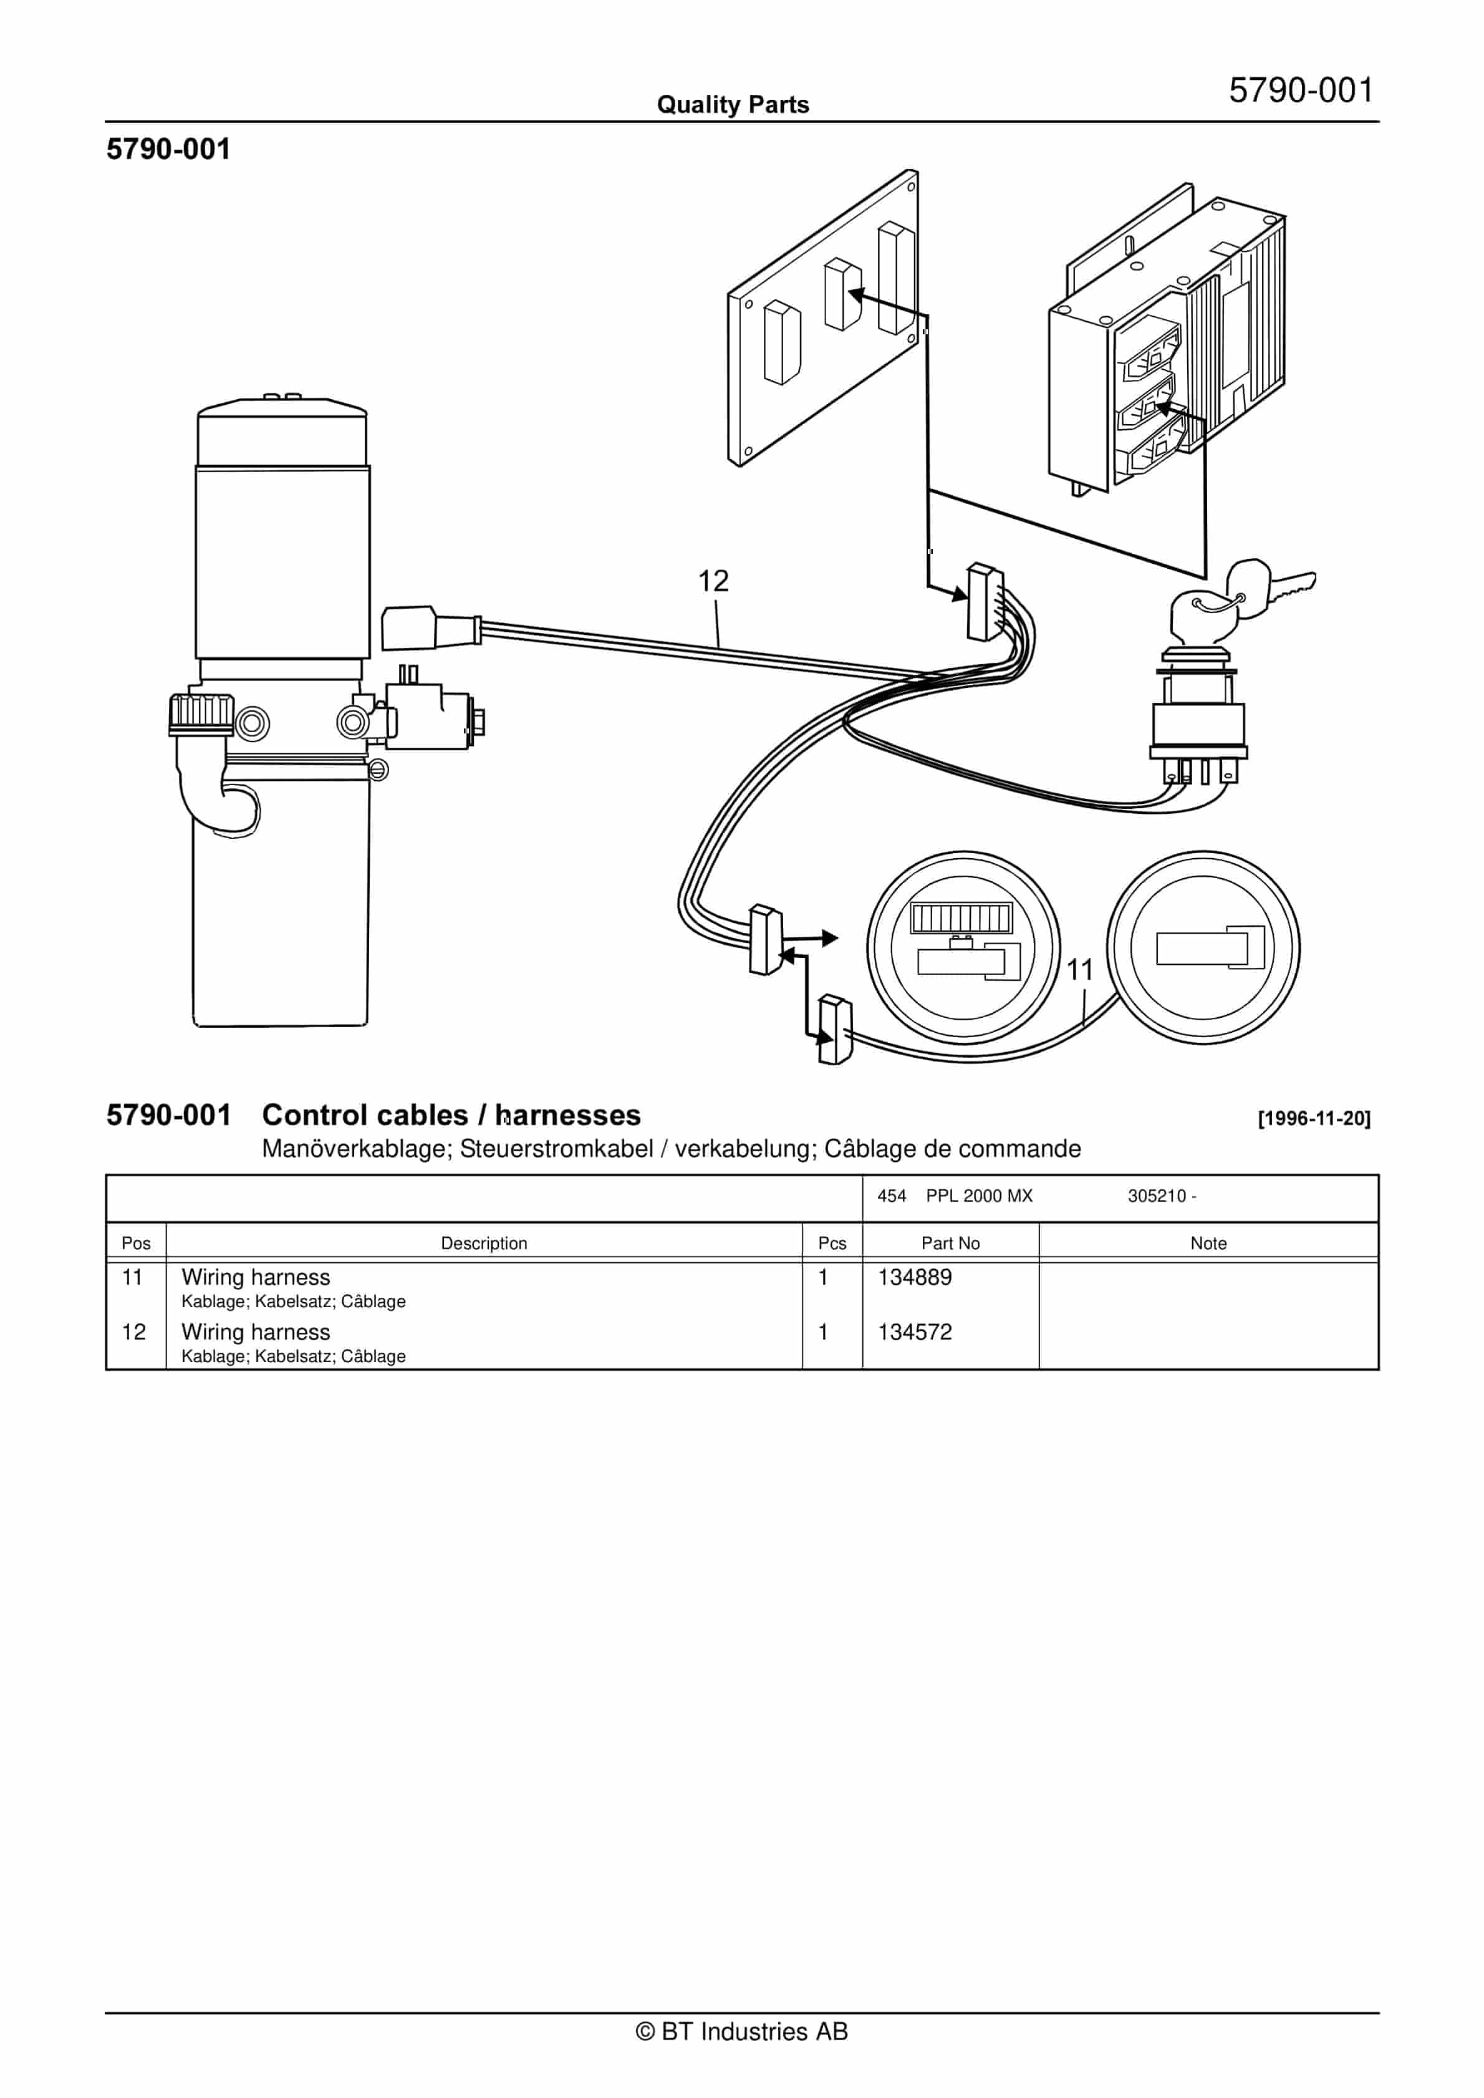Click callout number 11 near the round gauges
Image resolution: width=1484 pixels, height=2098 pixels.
pyautogui.click(x=1079, y=970)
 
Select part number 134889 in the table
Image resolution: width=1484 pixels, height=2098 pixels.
pyautogui.click(x=914, y=1277)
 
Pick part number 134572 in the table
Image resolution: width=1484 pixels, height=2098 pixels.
pyautogui.click(x=914, y=1332)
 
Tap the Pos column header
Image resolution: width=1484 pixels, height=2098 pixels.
pyautogui.click(x=135, y=1244)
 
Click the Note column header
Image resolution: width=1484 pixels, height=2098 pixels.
pyautogui.click(x=1208, y=1244)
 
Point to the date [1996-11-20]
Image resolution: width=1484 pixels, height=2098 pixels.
pyautogui.click(x=1313, y=1118)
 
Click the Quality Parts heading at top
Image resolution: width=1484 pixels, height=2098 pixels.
pyautogui.click(x=733, y=105)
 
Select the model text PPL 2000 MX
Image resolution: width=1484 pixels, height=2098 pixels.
pyautogui.click(x=979, y=1196)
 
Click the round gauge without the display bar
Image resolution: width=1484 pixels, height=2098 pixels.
pyautogui.click(x=1203, y=947)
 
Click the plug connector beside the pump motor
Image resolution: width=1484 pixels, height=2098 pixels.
pyautogui.click(x=410, y=628)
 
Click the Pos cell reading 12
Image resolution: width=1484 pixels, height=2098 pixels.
pyautogui.click(x=133, y=1332)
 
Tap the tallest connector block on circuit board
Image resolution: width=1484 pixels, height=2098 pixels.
pyautogui.click(x=895, y=279)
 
